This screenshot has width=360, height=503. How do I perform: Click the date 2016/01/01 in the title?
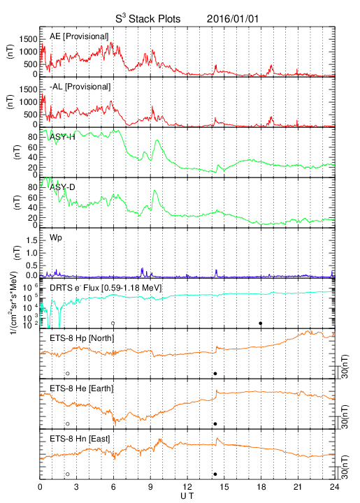[233, 19]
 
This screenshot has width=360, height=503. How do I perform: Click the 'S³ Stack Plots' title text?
[148, 18]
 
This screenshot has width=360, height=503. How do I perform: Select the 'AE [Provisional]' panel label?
[79, 36]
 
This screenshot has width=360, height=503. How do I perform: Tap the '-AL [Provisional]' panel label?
[80, 87]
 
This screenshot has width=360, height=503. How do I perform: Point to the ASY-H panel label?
[62, 137]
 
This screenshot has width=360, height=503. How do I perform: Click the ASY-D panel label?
[62, 187]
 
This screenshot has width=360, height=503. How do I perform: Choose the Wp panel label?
[56, 238]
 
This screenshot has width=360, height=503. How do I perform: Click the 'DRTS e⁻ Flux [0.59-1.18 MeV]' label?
[106, 288]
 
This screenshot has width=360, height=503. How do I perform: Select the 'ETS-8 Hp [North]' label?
[82, 338]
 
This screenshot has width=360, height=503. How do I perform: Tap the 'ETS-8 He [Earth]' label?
[82, 388]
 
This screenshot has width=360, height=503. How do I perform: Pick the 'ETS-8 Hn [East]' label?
[80, 439]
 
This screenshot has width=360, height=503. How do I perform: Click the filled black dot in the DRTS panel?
[261, 323]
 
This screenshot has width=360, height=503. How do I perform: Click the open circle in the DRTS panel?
[113, 323]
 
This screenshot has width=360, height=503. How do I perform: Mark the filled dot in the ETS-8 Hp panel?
[215, 373]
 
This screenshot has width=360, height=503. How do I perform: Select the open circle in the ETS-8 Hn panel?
[68, 474]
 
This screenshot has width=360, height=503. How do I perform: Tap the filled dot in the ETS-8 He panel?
[215, 424]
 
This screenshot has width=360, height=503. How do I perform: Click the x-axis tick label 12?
[188, 487]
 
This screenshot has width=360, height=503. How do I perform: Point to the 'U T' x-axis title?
[187, 496]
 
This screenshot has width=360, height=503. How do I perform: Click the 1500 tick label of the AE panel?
[28, 39]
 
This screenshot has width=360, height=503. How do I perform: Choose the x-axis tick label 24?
[334, 487]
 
